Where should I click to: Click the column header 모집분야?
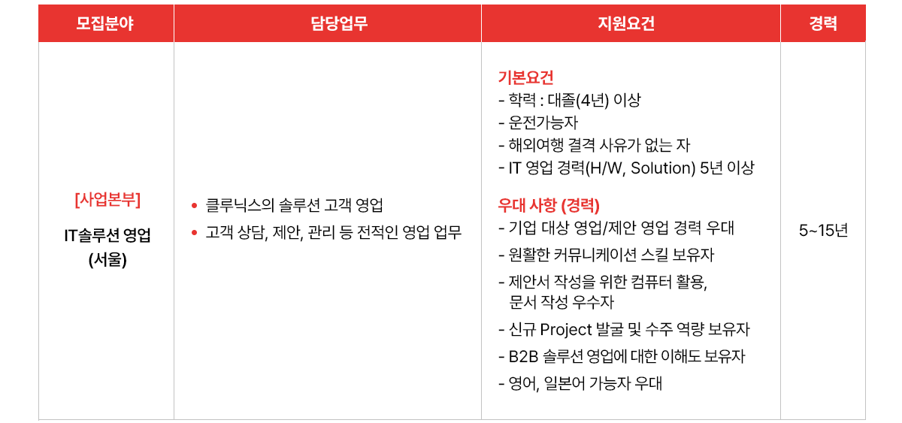tap(104, 23)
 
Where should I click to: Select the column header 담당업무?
tap(339, 23)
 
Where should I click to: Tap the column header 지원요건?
tap(626, 23)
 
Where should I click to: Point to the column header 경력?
tap(823, 23)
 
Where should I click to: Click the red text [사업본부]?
tap(107, 200)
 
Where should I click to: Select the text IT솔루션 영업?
tap(107, 235)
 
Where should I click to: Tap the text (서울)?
tap(107, 260)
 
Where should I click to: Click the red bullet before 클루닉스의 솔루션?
tap(195, 206)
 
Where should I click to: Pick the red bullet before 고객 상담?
tap(195, 232)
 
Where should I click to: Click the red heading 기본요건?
tap(526, 77)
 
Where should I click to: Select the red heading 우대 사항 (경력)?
tap(549, 205)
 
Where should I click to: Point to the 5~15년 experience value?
tap(824, 231)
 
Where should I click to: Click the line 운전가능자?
tap(538, 122)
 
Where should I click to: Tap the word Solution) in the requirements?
tap(663, 168)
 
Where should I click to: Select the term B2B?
tap(523, 357)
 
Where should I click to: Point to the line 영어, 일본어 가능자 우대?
tap(580, 383)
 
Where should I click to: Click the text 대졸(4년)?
tap(578, 100)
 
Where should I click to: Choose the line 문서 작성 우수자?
tap(561, 302)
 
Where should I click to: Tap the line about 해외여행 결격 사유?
tap(595, 145)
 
